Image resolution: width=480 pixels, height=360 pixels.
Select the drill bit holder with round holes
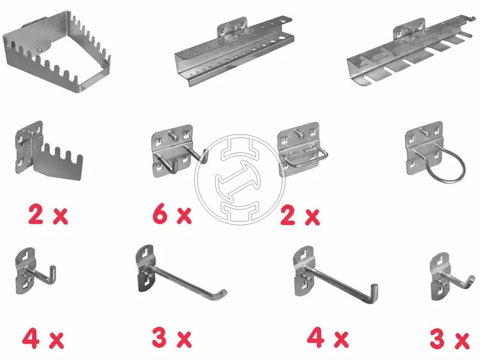234,52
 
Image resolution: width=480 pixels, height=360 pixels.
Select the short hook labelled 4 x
35,271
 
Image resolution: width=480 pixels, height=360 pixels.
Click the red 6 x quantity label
172,215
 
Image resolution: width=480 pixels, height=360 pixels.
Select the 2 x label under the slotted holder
48,215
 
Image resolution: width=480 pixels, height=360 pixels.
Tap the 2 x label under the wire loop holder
300,216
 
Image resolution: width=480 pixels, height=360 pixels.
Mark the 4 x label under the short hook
43,338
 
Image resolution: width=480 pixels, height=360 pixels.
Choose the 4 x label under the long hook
328,338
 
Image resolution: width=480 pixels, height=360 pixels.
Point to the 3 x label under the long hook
172,338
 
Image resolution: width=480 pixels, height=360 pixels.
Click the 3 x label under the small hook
449,339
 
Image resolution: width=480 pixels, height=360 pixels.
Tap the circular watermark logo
240,179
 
